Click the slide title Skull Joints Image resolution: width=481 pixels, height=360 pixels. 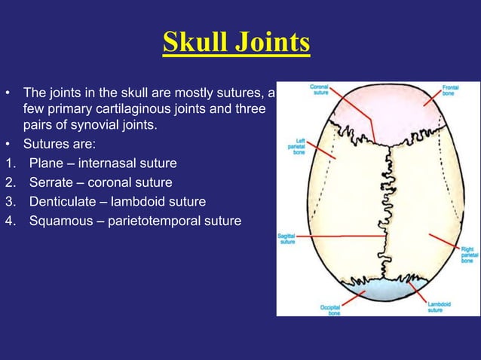click(x=236, y=43)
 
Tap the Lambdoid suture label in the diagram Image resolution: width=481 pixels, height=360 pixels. click(x=435, y=307)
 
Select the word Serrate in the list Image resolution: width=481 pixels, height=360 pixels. click(x=51, y=182)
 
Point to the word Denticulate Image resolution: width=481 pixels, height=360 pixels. click(x=62, y=202)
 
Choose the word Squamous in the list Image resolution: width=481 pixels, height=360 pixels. click(x=60, y=221)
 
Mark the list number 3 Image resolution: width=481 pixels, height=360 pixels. click(x=8, y=202)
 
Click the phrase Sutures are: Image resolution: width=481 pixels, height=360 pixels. click(x=60, y=143)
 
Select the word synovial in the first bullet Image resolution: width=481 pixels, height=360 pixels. click(x=104, y=124)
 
